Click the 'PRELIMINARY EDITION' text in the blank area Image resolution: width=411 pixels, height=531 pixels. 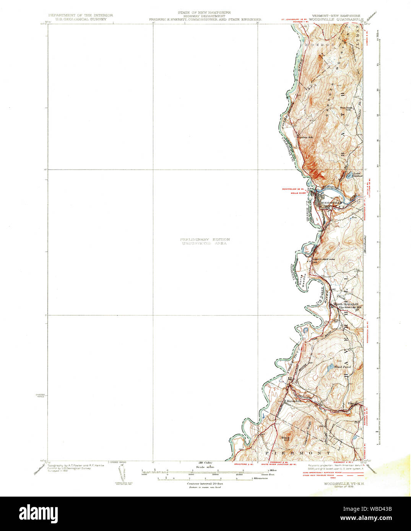(x=205, y=240)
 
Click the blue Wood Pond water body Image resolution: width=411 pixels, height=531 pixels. (x=329, y=369)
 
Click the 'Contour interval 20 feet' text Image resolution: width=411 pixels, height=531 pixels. (x=205, y=484)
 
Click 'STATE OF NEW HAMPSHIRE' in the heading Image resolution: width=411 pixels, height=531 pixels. (x=204, y=12)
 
